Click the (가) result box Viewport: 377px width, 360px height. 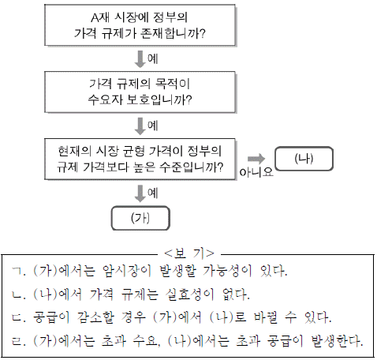(140, 218)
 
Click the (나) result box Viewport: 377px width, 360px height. (304, 159)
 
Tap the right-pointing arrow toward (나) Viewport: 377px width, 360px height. (256, 159)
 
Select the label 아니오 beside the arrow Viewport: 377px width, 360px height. (256, 172)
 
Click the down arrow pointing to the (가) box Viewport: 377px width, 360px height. (140, 193)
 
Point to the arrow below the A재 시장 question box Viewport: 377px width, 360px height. (140, 59)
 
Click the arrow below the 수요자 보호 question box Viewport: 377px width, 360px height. (140, 126)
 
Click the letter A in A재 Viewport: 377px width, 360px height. (95, 18)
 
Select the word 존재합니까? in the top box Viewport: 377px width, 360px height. (173, 33)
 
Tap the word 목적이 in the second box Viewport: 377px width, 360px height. (173, 84)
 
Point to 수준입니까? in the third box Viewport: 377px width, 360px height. (192, 167)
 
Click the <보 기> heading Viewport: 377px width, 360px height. (189, 253)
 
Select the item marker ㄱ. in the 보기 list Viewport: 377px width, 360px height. (19, 271)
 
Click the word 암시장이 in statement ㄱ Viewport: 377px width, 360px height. (127, 271)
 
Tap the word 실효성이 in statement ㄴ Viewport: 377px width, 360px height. (190, 294)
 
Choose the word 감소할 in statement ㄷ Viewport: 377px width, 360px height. (95, 317)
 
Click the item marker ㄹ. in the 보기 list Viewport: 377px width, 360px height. (19, 341)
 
